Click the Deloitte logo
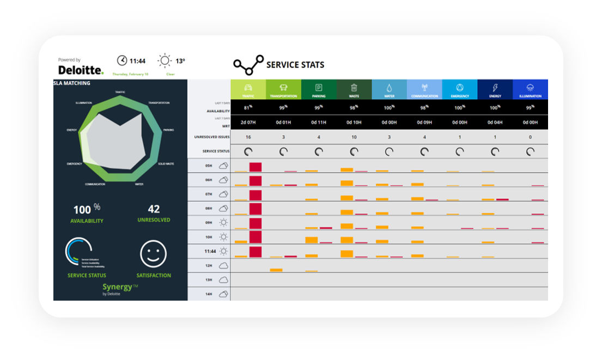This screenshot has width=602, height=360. coord(81,70)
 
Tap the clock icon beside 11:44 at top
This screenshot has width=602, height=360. coord(122,60)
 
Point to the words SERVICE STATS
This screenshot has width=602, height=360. coord(295,65)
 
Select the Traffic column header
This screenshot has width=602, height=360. coord(248,89)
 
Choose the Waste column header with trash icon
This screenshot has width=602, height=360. coord(354,89)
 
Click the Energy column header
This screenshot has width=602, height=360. coord(495,89)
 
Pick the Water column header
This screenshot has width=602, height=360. coord(389,89)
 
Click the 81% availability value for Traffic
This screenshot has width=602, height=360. coord(248,107)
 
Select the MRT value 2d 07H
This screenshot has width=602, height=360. coord(248,123)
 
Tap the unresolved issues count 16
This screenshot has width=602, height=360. coord(248,137)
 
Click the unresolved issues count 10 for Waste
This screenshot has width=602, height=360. coord(354,137)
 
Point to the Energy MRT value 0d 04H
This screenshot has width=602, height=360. coord(495,123)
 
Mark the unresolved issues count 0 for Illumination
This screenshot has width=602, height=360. coord(530,137)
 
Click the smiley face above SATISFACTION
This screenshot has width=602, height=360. coord(153,254)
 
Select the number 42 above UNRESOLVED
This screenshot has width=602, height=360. coord(154,209)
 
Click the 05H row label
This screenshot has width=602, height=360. coord(209,166)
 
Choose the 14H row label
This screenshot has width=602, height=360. coord(209,294)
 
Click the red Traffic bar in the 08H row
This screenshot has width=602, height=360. coord(256,208)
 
